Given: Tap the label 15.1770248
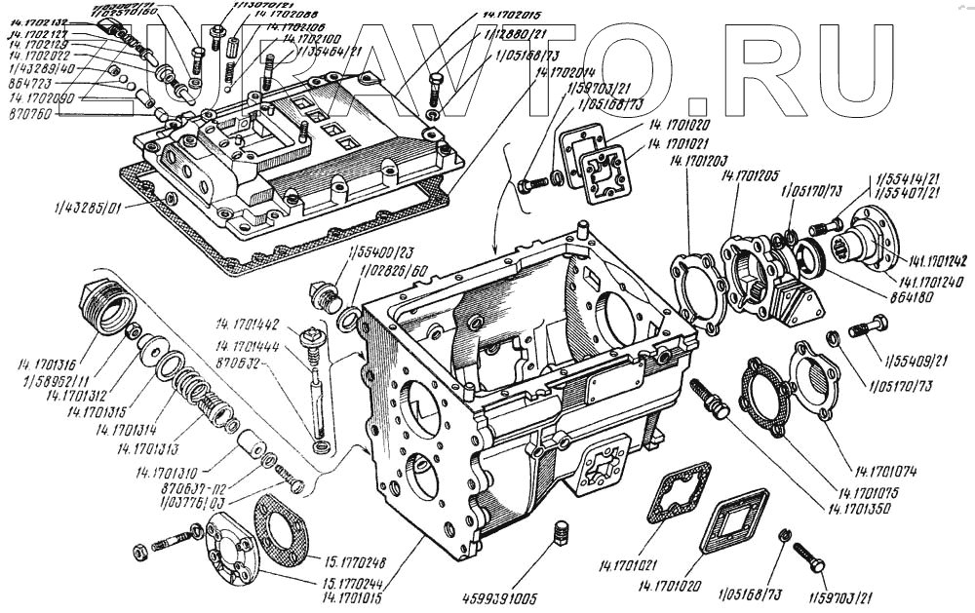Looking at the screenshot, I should (352, 561).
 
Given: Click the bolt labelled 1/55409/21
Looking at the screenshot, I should (867, 326).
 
